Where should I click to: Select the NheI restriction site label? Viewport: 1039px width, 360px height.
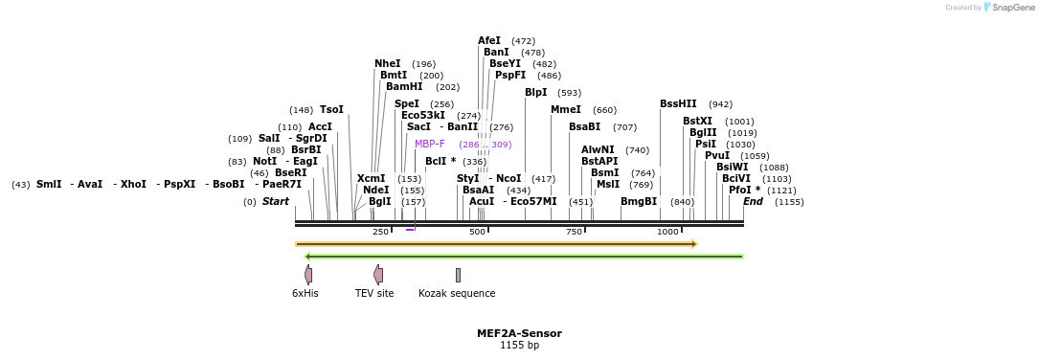pos(388,64)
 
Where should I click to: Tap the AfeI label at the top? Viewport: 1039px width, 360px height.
pos(488,41)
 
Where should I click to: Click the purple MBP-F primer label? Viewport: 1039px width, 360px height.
pos(430,145)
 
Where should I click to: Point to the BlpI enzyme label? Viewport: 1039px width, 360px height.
pos(535,93)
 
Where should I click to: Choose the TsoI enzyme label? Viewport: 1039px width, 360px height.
pos(331,110)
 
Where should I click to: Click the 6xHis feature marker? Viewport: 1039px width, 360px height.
pos(308,275)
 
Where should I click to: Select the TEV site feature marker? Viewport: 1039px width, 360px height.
pos(378,275)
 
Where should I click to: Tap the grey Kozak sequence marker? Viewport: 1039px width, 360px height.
pos(458,275)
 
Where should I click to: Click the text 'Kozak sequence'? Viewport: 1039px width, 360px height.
pos(457,294)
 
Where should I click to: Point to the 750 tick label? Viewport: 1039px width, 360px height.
pos(575,233)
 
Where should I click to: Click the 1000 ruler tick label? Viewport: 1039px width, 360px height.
pos(667,233)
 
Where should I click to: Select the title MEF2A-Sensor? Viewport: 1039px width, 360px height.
pos(519,333)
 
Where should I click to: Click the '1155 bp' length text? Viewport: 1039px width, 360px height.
pos(519,345)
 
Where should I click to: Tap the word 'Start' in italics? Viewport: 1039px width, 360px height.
pos(276,202)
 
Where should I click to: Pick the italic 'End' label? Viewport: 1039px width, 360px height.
pos(753,202)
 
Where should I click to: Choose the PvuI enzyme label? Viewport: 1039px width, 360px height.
pos(717,156)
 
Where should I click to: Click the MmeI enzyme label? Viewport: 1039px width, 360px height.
pos(566,110)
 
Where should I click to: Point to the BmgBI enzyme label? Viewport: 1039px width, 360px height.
pos(639,202)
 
